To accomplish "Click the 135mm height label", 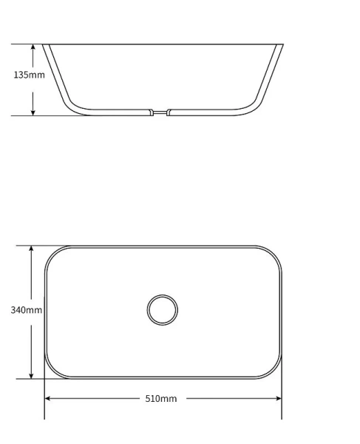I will pos(29,75).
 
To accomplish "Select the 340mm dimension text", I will pos(26,309).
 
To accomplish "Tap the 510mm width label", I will pos(160,399).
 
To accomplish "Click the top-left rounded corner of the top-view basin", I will pos(52,253).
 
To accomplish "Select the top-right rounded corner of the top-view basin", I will pos(274,253).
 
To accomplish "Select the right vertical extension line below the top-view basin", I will pos(282,400).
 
